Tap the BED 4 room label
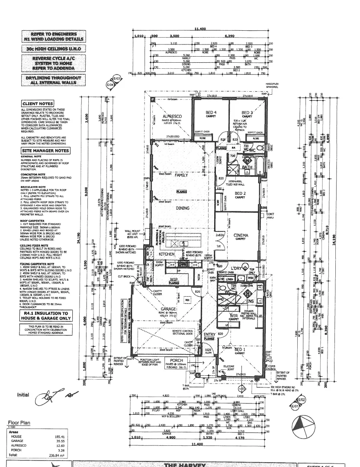click(211, 112)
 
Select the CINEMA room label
click(241, 236)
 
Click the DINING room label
click(182, 208)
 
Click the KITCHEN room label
click(166, 254)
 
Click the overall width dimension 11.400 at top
click(199, 29)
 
